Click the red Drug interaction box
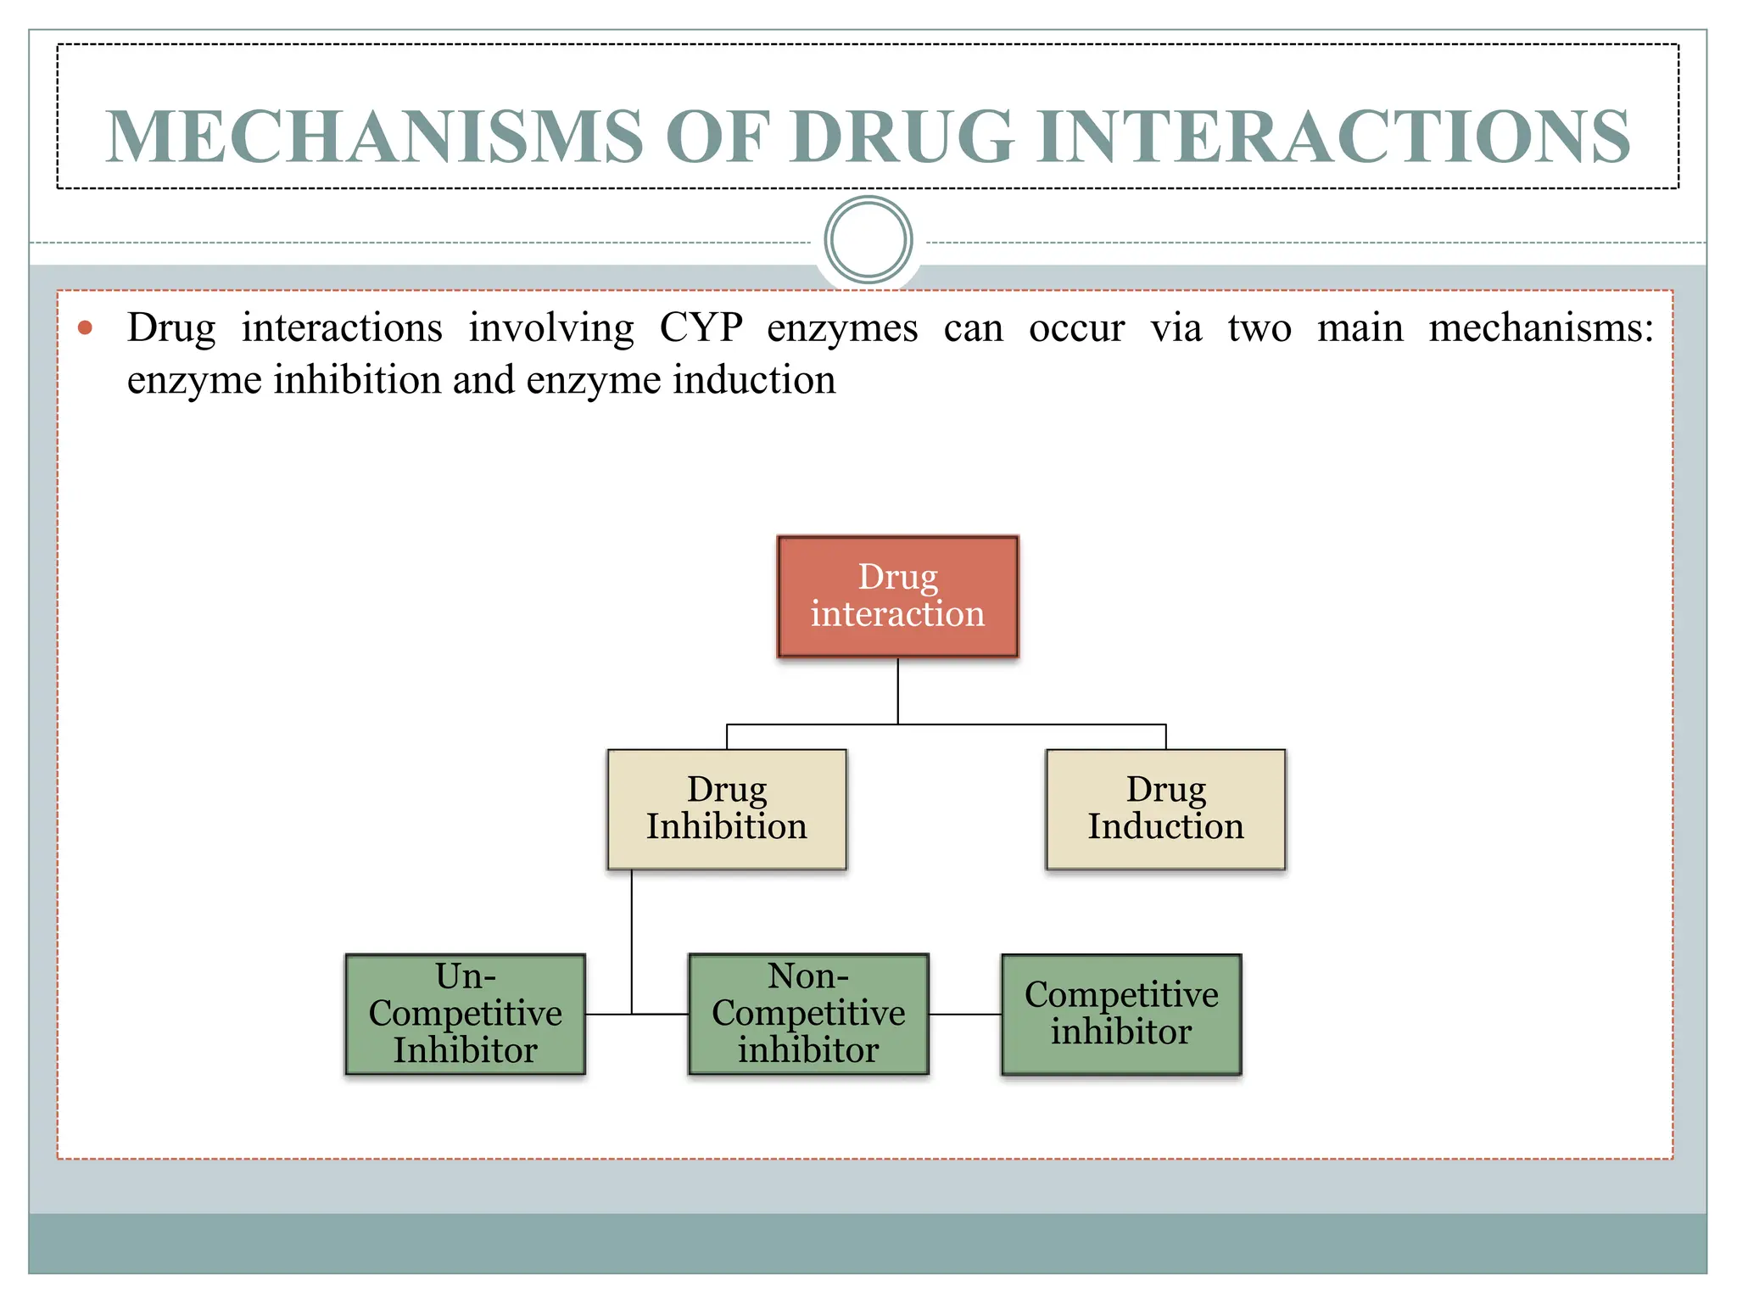click(x=897, y=596)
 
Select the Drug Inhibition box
click(x=727, y=808)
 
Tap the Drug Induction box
click(x=1165, y=808)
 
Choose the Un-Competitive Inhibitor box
click(x=465, y=1014)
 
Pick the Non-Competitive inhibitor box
click(x=808, y=1014)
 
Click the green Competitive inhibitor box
click(x=1120, y=1014)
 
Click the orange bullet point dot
click(x=85, y=327)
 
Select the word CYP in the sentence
click(x=701, y=328)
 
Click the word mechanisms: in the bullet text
click(x=1540, y=328)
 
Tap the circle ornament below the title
click(x=868, y=240)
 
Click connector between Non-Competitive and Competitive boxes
click(x=965, y=1014)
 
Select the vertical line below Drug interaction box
click(x=897, y=691)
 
